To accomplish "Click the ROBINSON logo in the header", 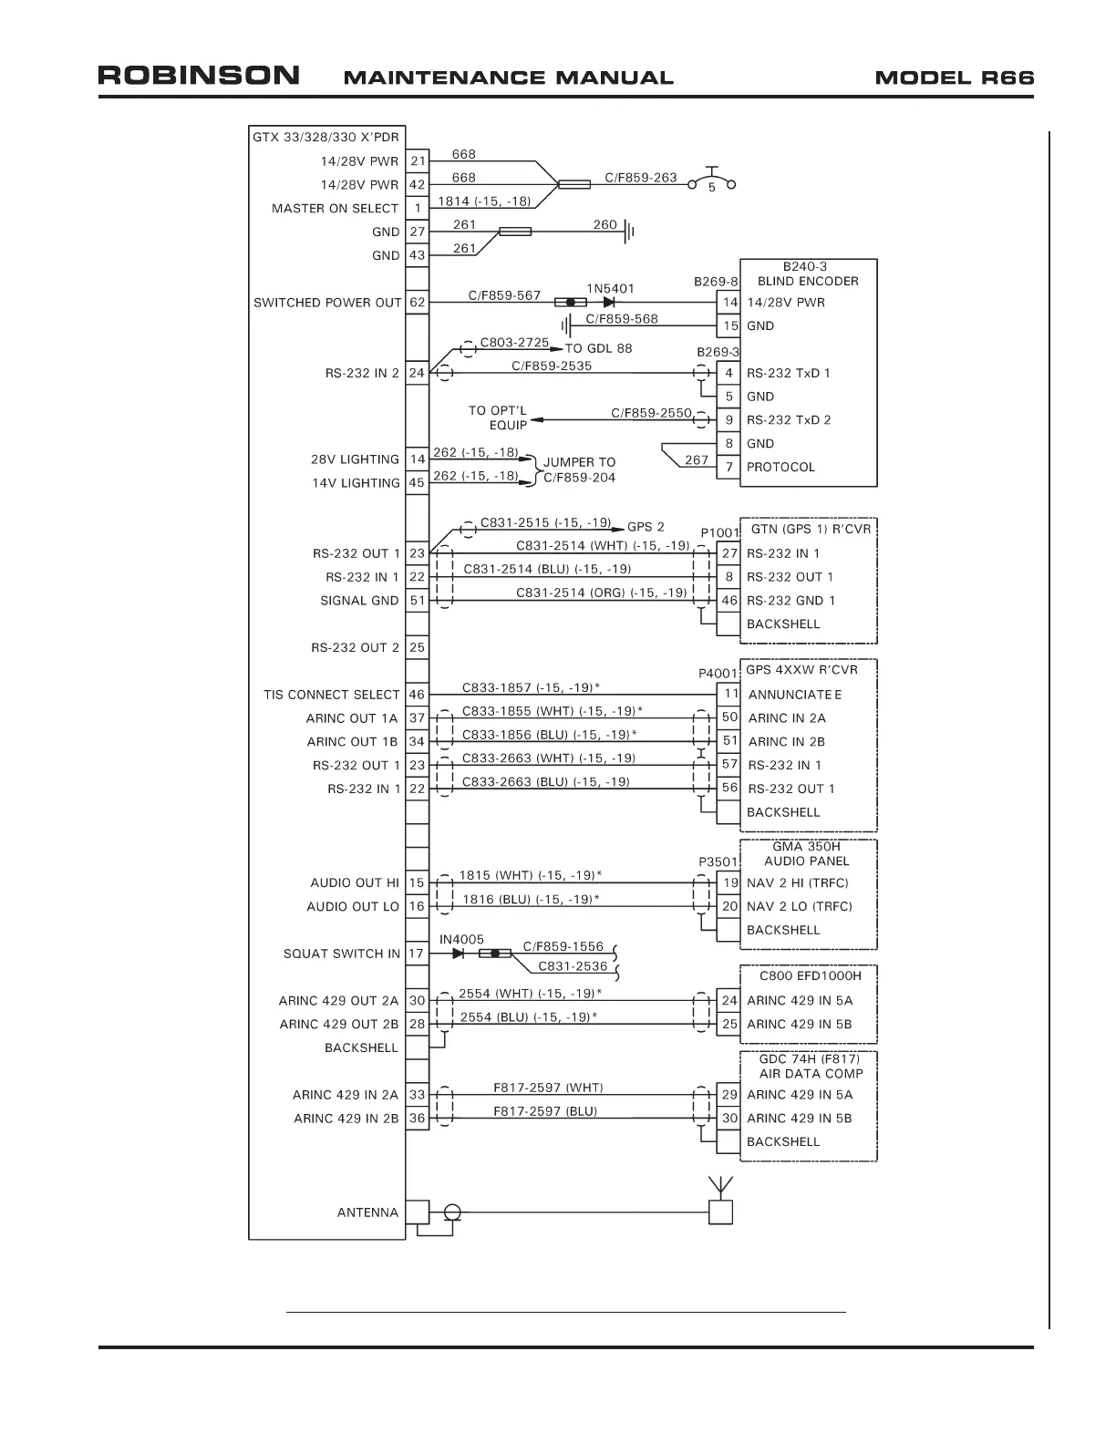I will tap(199, 75).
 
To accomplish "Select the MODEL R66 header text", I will tap(954, 77).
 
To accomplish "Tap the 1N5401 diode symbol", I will tap(609, 302).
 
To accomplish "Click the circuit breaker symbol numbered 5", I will tap(711, 180).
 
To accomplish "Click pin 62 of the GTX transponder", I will tap(417, 302).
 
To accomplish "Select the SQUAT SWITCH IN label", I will tap(341, 954).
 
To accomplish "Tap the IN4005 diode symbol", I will tap(459, 954).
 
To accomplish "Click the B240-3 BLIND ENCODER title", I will tap(808, 273).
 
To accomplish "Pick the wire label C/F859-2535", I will tap(551, 366).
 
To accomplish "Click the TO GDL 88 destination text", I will tap(598, 348).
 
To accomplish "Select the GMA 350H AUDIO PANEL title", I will tap(806, 853).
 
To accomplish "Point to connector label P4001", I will tap(718, 673).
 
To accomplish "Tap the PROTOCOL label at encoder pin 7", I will tap(780, 467).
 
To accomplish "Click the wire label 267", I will tap(696, 459).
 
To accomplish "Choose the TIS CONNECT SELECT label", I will tap(332, 695).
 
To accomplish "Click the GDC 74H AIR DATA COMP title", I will tap(810, 1066).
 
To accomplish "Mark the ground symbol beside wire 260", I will tap(629, 232).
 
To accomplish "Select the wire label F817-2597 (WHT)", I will tap(548, 1088).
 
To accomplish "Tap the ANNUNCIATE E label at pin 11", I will tap(794, 695).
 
